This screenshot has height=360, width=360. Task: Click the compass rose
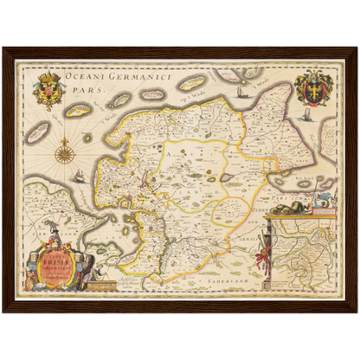63,154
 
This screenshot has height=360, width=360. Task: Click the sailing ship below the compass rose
79,176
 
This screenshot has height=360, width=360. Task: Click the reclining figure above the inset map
322,203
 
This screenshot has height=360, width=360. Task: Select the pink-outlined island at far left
37,132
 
